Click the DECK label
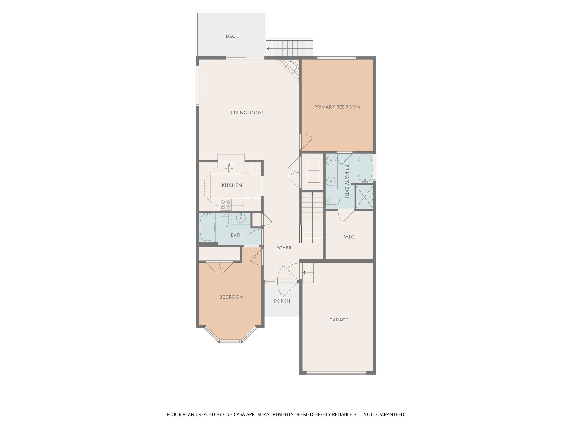coord(232,36)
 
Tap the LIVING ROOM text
coord(247,113)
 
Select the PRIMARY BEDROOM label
coord(337,107)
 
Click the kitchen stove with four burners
coord(226,204)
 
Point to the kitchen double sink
coord(229,168)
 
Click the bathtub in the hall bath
coord(207,227)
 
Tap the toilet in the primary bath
coord(333,201)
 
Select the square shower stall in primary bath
coord(364,197)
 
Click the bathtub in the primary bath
coord(365,168)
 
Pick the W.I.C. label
coord(349,237)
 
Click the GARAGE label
coord(339,320)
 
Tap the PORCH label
coord(282,301)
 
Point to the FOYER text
coord(284,248)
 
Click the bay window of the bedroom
coord(230,341)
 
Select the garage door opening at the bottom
coord(336,373)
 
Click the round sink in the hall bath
coord(240,218)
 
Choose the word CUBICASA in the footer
coord(234,414)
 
